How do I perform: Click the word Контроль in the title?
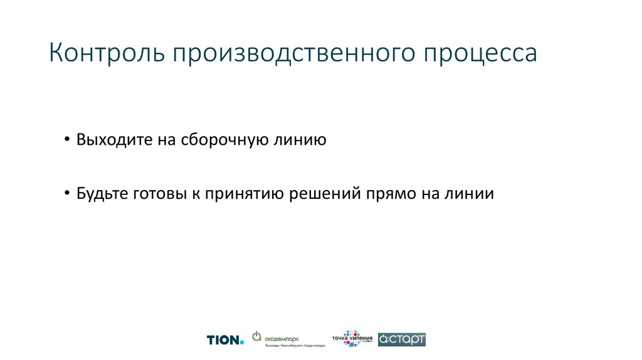tap(105, 53)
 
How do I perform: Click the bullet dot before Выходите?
tap(67, 139)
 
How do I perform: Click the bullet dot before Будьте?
tap(67, 194)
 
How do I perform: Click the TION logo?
tap(223, 340)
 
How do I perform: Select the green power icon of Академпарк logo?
tap(256, 336)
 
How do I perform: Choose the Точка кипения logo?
tap(352, 338)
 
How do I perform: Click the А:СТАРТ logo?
tap(403, 339)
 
